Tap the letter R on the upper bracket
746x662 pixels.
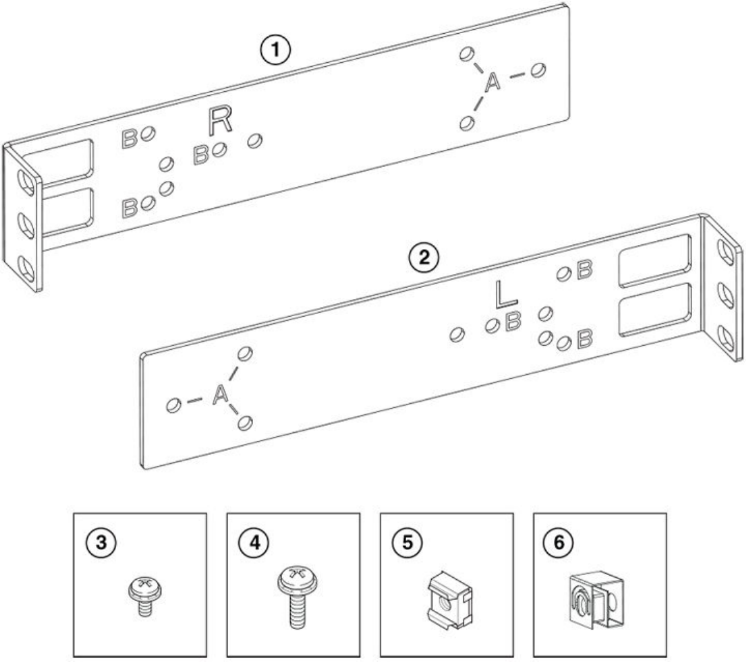point(220,121)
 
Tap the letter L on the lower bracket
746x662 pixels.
point(506,295)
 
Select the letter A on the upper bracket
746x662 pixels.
point(492,83)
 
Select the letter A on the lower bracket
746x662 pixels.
point(220,396)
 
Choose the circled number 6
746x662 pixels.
point(554,543)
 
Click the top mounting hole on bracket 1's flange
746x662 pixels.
point(25,182)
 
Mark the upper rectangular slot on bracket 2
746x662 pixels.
point(654,260)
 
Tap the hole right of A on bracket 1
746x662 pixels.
point(539,70)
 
